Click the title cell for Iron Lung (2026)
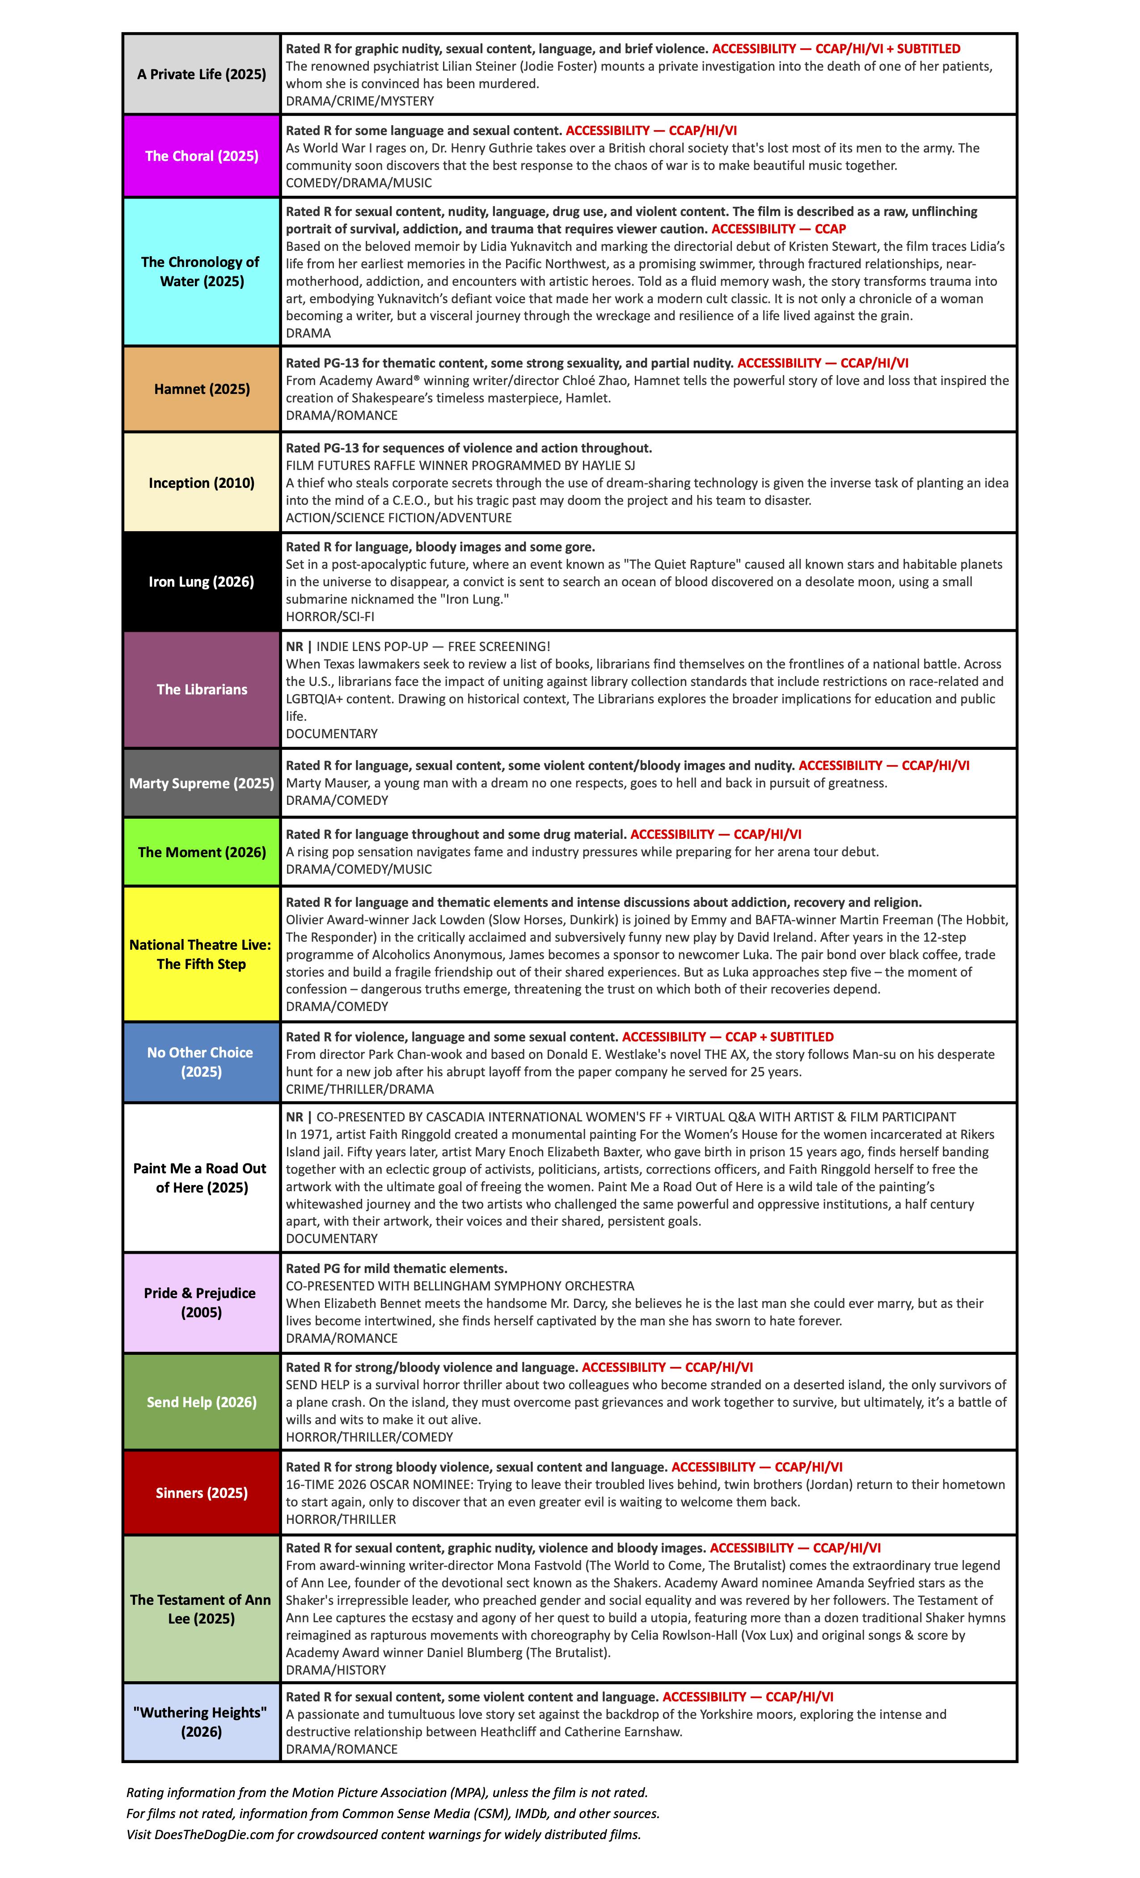pyautogui.click(x=201, y=582)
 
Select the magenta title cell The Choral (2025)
pyautogui.click(x=201, y=156)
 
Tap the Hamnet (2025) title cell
pyautogui.click(x=201, y=389)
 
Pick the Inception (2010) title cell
pyautogui.click(x=201, y=482)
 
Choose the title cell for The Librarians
pyautogui.click(x=201, y=689)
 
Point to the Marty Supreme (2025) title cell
pyautogui.click(x=201, y=783)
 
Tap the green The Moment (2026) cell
pyautogui.click(x=201, y=851)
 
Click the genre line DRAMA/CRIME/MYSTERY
pyautogui.click(x=360, y=101)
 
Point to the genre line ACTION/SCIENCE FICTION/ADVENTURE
pyautogui.click(x=398, y=517)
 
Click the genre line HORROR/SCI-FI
pyautogui.click(x=330, y=616)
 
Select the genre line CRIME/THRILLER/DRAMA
pyautogui.click(x=360, y=1089)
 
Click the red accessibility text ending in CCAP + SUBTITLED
pyautogui.click(x=728, y=1036)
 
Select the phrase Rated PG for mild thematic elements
pyautogui.click(x=396, y=1268)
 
